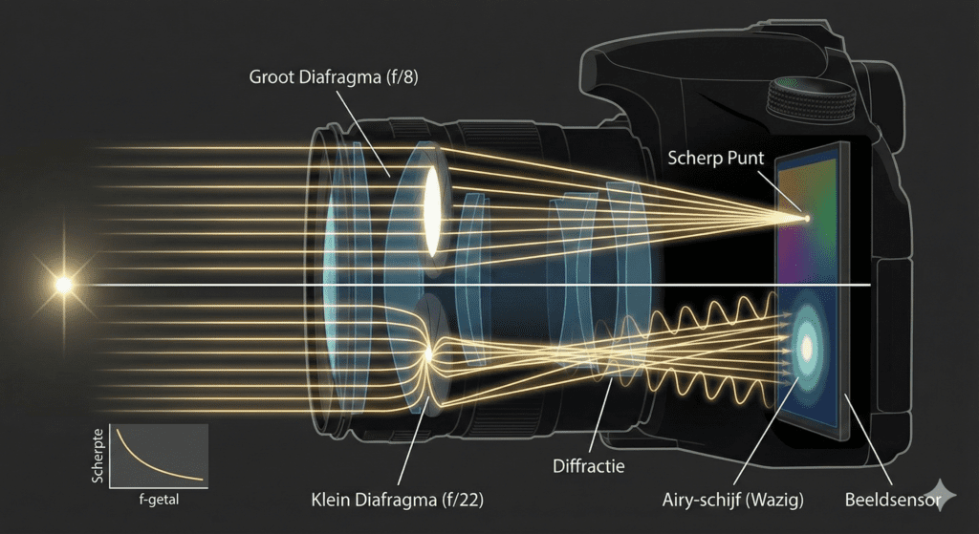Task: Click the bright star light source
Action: (64, 284)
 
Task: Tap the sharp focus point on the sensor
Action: (806, 219)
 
